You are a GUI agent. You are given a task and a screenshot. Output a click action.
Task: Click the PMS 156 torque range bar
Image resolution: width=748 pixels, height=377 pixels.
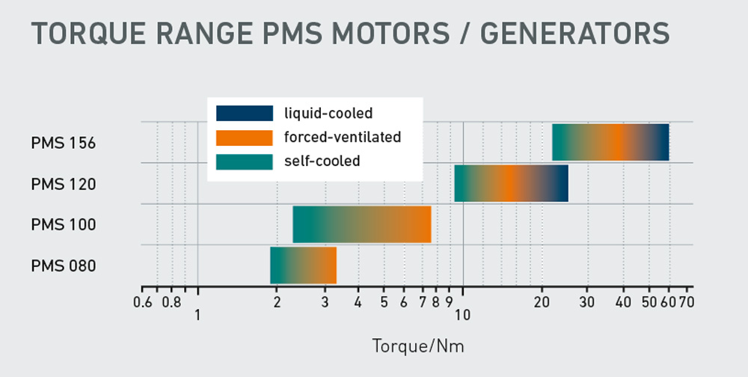[x=610, y=142]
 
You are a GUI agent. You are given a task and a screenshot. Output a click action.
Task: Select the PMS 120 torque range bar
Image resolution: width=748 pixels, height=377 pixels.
[x=511, y=183]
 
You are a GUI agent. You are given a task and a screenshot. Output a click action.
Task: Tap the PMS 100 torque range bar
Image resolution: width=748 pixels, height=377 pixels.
[x=361, y=224]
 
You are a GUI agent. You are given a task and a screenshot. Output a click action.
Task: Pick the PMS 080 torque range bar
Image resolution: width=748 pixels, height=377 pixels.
[x=303, y=266]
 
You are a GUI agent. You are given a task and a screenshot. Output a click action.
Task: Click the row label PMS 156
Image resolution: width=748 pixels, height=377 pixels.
[x=64, y=143]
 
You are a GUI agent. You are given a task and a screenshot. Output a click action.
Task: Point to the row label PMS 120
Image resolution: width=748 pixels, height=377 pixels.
[x=64, y=183]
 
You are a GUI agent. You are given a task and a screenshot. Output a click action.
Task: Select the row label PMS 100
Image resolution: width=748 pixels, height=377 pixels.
[x=64, y=224]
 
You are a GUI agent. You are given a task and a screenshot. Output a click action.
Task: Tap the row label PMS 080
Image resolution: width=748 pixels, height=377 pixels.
[x=64, y=266]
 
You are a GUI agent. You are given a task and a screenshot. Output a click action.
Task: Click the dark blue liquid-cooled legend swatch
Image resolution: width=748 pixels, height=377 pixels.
[x=245, y=113]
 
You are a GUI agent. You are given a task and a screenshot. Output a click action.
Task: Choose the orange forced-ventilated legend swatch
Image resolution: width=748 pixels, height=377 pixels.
[x=245, y=138]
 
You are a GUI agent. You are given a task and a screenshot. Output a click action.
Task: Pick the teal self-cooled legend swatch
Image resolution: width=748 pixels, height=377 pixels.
[x=245, y=162]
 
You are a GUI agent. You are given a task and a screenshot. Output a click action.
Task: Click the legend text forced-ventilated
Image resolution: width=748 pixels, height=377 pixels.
[x=343, y=138]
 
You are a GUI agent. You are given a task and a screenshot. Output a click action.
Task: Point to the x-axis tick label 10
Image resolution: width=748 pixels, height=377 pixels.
[x=462, y=316]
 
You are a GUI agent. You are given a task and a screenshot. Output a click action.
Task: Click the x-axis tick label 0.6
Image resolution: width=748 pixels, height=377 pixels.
[x=142, y=302]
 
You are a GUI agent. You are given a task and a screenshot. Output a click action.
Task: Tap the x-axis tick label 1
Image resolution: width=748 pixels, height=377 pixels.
[x=197, y=316]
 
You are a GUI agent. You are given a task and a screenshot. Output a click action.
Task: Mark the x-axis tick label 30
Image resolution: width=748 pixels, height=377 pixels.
[x=587, y=302]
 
